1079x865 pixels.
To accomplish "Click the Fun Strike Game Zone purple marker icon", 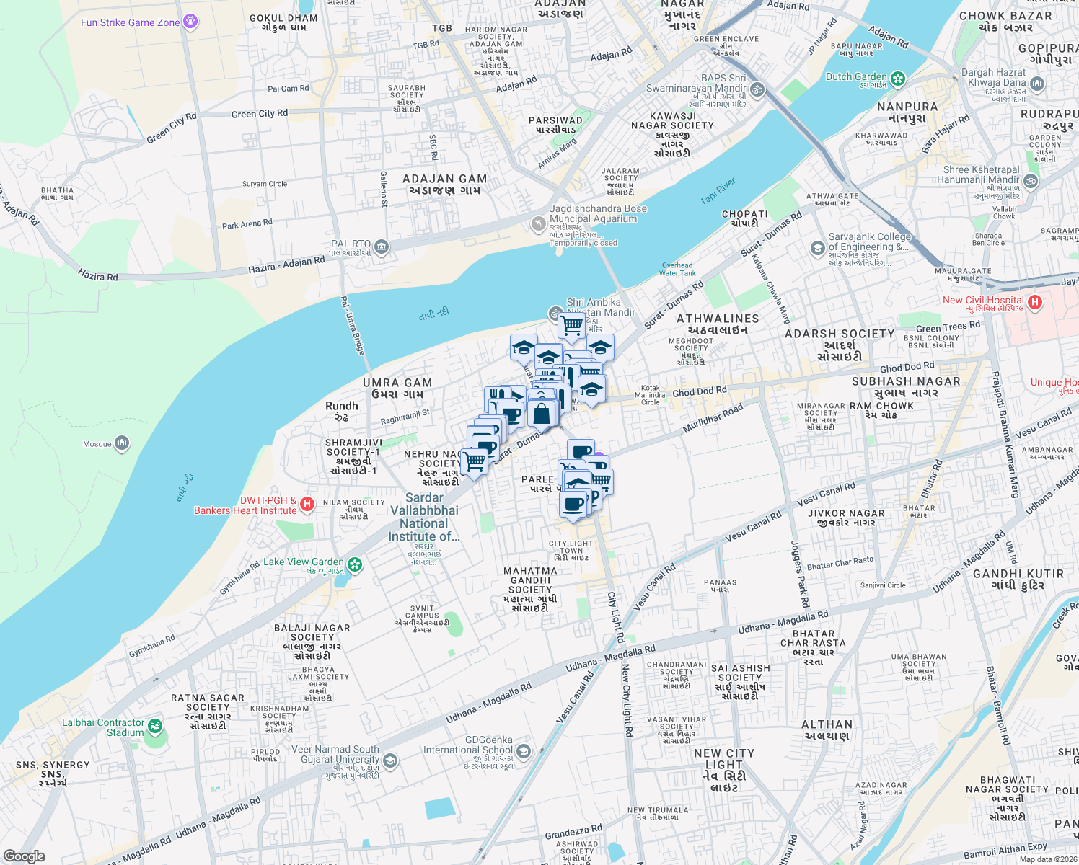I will [190, 22].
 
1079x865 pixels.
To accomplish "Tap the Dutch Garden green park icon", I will [898, 79].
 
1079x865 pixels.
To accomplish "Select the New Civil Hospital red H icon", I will [1035, 302].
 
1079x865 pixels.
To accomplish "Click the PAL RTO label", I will [351, 244].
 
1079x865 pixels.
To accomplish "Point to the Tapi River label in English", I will [718, 191].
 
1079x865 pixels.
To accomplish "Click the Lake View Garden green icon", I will [354, 564].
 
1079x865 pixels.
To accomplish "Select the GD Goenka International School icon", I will [524, 752].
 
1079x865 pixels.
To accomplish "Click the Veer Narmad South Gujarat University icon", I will [390, 760].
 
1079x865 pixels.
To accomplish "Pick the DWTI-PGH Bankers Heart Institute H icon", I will [307, 504].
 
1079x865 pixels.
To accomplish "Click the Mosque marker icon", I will [122, 443].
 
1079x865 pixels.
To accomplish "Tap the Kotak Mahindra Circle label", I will [650, 395].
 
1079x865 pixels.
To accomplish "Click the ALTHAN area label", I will [827, 724].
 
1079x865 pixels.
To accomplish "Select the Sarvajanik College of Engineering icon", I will [817, 249].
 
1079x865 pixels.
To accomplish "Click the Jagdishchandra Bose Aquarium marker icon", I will [538, 225].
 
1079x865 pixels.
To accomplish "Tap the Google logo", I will [25, 856].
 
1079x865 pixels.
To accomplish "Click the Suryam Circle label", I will [264, 184].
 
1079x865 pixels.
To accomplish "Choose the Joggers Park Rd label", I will [800, 574].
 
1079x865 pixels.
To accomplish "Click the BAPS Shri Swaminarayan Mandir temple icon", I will [757, 90].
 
